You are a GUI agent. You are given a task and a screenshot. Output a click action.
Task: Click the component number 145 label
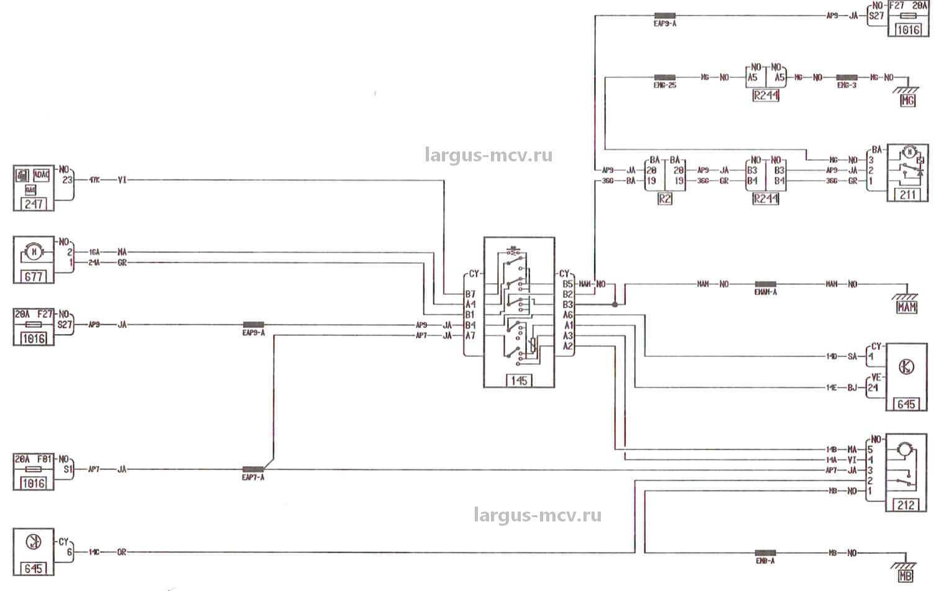pyautogui.click(x=519, y=381)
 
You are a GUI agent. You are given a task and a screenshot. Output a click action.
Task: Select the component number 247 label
pyautogui.click(x=34, y=203)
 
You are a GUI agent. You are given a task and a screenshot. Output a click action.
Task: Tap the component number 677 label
pyautogui.click(x=34, y=276)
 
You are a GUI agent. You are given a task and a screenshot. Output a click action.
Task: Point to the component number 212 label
pyautogui.click(x=906, y=505)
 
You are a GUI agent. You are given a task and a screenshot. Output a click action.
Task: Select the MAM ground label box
pyautogui.click(x=907, y=307)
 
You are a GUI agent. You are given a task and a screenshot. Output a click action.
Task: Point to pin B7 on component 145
pyautogui.click(x=470, y=294)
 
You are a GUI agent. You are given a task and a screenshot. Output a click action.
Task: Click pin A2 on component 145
pyautogui.click(x=567, y=346)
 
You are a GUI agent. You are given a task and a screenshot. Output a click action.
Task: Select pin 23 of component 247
pyautogui.click(x=68, y=179)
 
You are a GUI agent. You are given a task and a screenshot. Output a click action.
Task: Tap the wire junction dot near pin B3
pyautogui.click(x=614, y=305)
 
